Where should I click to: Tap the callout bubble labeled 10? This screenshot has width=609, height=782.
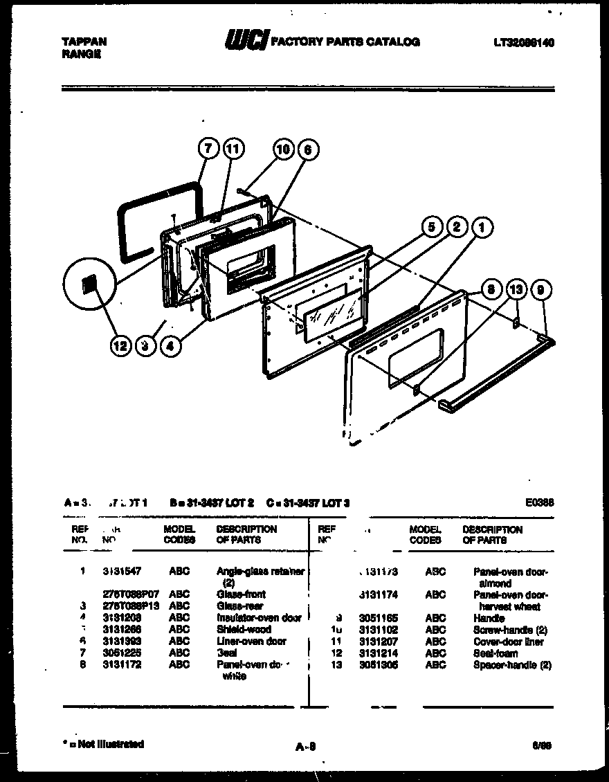click(282, 149)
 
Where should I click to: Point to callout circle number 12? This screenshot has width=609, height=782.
click(121, 346)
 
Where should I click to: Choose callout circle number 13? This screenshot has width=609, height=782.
click(516, 290)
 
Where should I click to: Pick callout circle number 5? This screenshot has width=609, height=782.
click(431, 227)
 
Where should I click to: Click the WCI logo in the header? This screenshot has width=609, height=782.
click(245, 42)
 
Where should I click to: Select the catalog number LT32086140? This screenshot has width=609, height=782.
click(523, 42)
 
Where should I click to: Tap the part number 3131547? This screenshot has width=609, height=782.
click(122, 572)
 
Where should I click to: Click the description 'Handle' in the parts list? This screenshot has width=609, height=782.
click(489, 618)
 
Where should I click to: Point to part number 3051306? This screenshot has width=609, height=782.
click(378, 665)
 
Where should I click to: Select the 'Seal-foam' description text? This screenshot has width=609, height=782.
click(495, 653)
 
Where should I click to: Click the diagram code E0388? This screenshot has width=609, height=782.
click(540, 503)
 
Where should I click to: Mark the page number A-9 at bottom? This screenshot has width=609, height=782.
click(305, 746)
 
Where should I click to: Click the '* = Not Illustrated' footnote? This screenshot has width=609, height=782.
click(103, 744)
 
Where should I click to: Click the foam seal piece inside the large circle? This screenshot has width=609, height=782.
click(88, 284)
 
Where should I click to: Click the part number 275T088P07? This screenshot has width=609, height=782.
click(131, 594)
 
